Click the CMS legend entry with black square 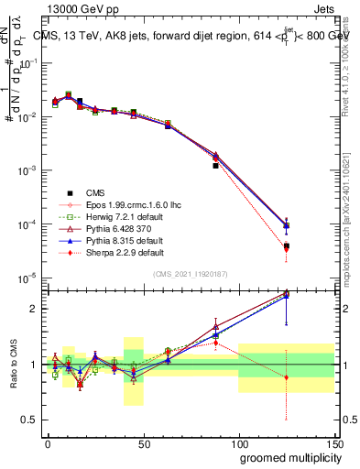point(94,192)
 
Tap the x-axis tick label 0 point(48,442)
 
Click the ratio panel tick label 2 point(33,309)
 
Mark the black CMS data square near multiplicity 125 point(287,246)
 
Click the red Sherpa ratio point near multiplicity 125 point(287,377)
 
